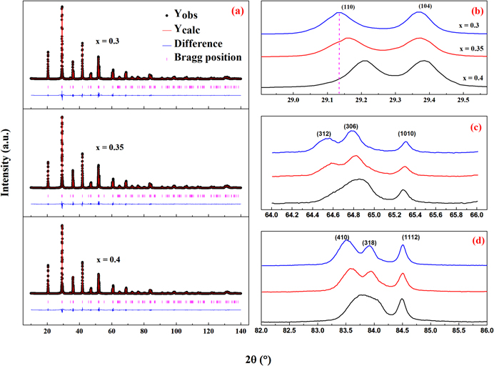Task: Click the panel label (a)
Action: [x=236, y=12]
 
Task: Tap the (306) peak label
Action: [x=351, y=127]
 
